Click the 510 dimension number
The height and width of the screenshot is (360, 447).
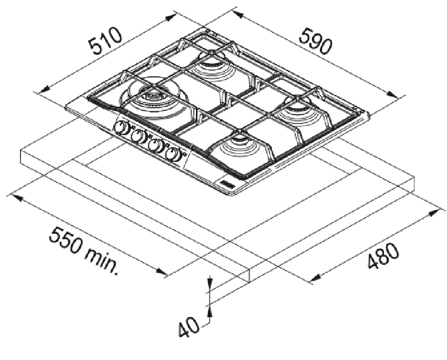coord(106,40)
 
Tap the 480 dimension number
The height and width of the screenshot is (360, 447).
coord(383,255)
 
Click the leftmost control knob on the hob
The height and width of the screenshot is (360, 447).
coord(121,128)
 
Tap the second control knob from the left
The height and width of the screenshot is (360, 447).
coord(139,136)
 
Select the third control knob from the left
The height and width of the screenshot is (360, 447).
coord(155,145)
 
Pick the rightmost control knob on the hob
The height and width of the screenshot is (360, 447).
coord(173,153)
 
